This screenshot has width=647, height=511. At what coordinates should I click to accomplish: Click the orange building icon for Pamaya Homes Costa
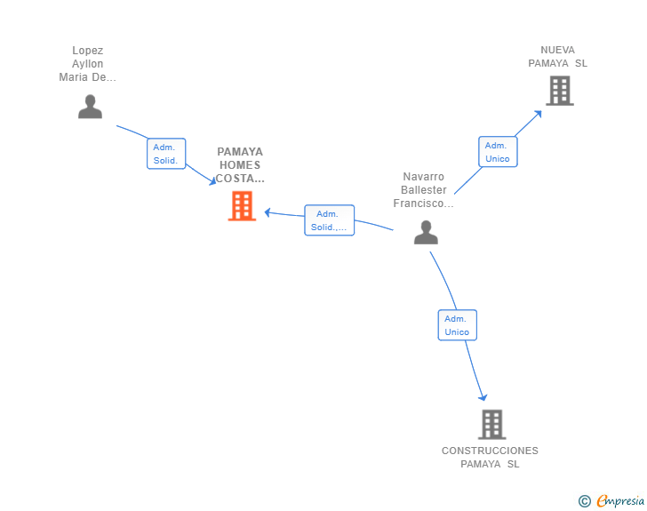[242, 205]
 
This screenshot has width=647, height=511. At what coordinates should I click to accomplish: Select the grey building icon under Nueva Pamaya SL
[560, 91]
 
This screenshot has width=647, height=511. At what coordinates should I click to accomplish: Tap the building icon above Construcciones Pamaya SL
[491, 424]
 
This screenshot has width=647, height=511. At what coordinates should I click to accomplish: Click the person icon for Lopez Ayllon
[90, 107]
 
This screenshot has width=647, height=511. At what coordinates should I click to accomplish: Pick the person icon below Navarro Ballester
[426, 232]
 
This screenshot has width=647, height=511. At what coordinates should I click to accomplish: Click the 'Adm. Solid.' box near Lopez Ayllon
[166, 154]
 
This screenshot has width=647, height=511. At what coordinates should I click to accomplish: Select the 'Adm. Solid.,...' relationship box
[329, 220]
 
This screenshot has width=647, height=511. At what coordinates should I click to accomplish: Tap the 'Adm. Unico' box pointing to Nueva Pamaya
[498, 152]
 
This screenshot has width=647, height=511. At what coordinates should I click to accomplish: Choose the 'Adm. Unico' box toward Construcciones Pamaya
[457, 325]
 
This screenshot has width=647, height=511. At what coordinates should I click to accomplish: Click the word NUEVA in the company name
[557, 50]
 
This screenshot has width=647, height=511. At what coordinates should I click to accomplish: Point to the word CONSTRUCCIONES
[490, 451]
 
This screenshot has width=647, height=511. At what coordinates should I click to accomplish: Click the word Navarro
[423, 177]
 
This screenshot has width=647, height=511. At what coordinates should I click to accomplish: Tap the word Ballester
[423, 190]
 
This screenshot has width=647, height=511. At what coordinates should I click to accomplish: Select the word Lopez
[87, 51]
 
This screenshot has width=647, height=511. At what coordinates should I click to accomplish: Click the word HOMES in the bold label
[240, 165]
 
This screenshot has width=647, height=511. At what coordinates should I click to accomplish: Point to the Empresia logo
[620, 500]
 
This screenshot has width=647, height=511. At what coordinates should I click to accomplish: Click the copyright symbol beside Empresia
[584, 501]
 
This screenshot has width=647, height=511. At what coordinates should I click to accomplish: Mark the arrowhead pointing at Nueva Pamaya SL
[538, 115]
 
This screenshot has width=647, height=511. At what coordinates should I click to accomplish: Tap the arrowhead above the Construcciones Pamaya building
[483, 397]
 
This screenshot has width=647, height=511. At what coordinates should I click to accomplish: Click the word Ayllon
[87, 64]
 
